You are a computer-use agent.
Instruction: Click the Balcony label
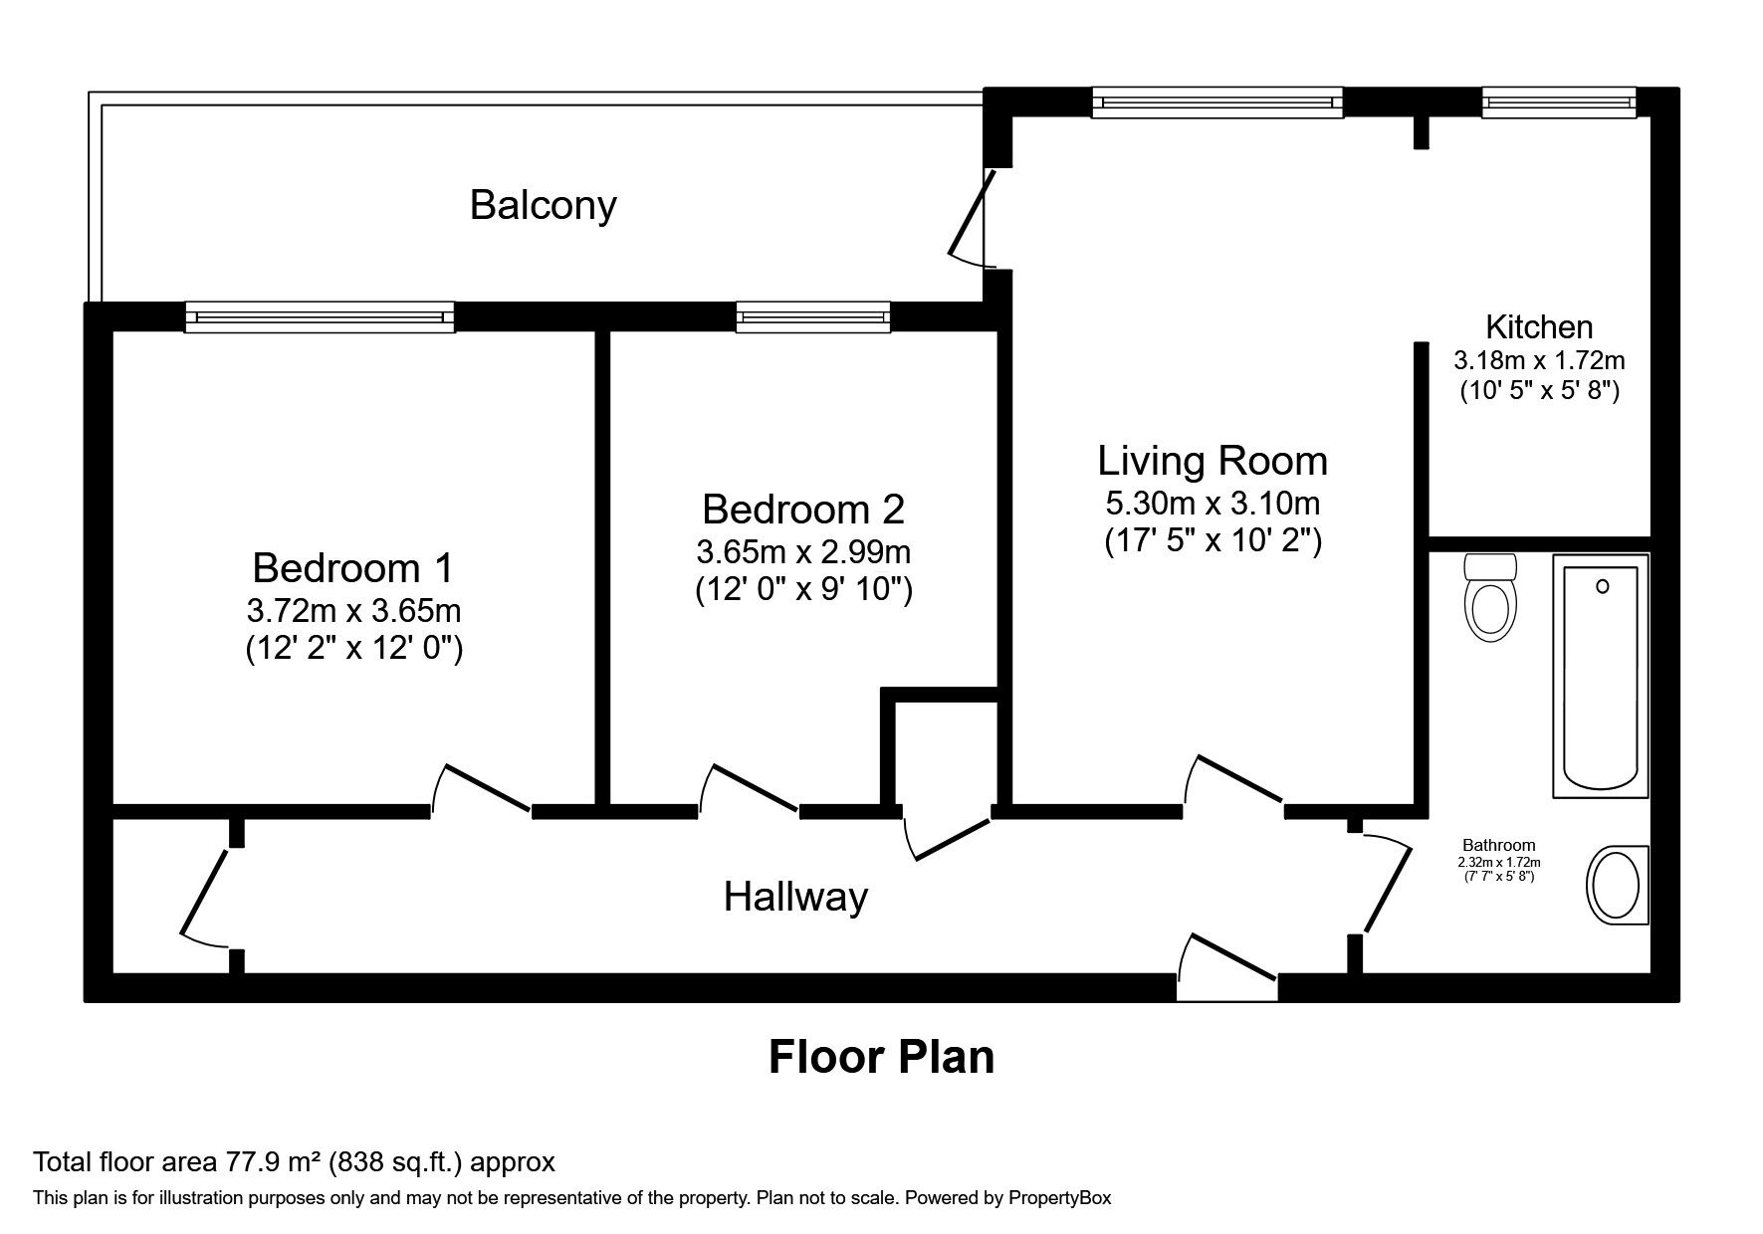543,205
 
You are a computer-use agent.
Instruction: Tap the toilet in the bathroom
1489,599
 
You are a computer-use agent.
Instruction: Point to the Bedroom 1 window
320,317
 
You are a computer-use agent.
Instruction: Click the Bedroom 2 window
812,317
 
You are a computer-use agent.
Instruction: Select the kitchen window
1558,103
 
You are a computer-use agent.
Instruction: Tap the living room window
1216,103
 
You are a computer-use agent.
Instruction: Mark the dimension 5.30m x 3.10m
1212,503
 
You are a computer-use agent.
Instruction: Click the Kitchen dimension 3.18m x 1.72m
1539,359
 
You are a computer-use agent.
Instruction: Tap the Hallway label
795,897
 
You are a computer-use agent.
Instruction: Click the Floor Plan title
881,1056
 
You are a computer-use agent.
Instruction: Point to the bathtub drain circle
1602,587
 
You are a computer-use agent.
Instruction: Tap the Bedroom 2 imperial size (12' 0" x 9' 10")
803,590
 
